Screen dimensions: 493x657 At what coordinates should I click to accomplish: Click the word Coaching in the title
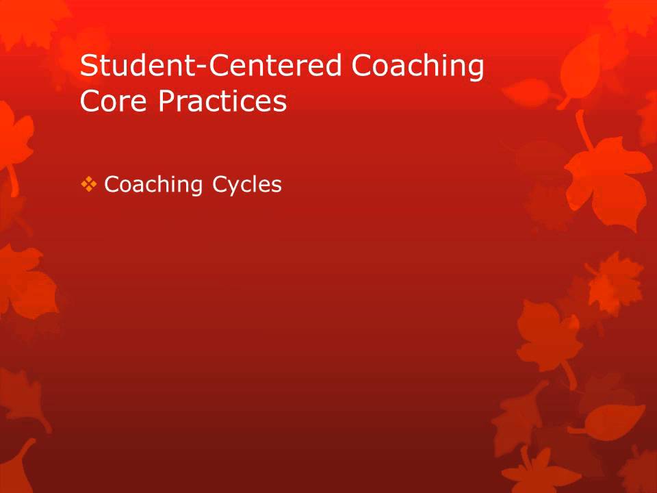pyautogui.click(x=417, y=66)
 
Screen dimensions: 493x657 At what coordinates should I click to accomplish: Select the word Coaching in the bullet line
pyautogui.click(x=153, y=185)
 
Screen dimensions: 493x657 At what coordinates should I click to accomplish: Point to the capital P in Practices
pyautogui.click(x=166, y=101)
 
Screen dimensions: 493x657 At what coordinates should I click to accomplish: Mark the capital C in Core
pyautogui.click(x=90, y=101)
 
